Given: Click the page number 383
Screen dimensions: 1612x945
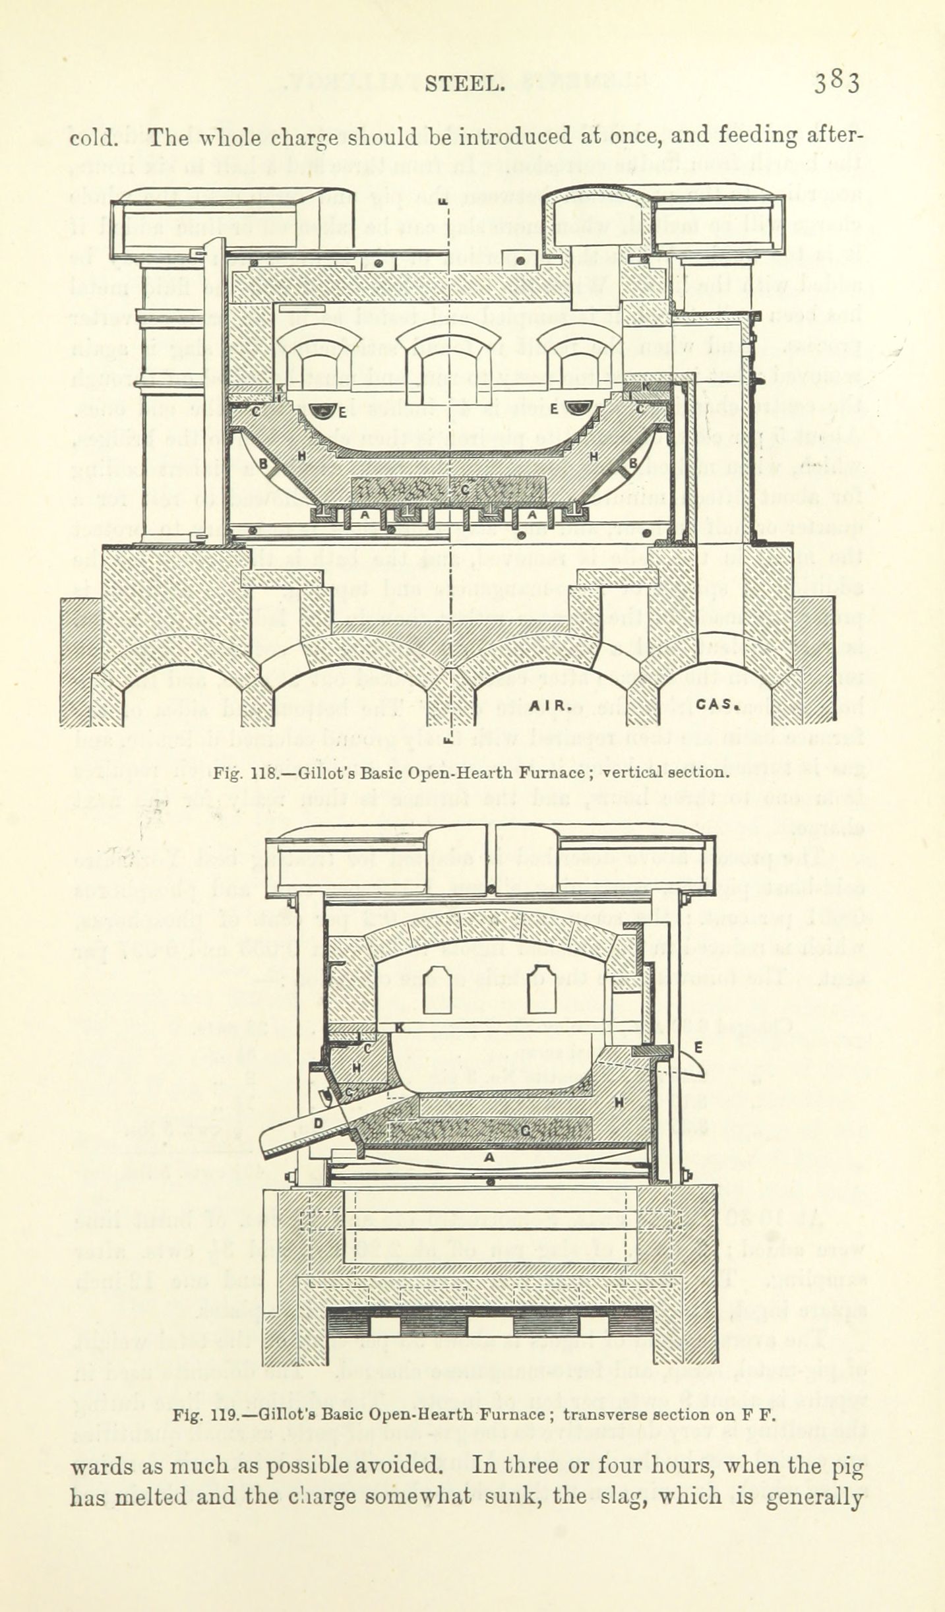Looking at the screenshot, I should point(836,84).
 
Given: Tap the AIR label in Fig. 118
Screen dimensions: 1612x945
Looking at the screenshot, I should point(549,704).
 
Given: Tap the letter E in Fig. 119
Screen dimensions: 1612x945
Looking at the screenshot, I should point(698,1047).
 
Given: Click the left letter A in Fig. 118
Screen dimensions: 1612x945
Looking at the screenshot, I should point(365,514).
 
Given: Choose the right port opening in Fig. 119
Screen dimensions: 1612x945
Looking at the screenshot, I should point(541,989).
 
